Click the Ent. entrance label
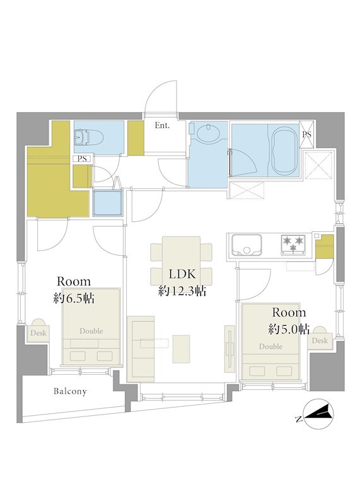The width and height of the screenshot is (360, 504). tap(162, 125)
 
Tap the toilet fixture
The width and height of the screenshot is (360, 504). tap(88, 137)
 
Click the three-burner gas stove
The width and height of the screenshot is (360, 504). tap(293, 245)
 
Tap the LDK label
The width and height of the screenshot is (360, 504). tap(182, 274)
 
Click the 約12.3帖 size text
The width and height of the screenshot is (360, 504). tap(182, 291)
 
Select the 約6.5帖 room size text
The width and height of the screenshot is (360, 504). tap(74, 299)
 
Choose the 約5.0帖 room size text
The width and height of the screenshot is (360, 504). tap(289, 329)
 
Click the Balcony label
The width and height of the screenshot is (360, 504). tap(70, 391)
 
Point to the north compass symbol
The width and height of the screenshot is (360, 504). tap(318, 415)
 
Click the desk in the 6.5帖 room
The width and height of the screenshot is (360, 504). tap(38, 333)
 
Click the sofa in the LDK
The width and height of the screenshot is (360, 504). tap(141, 349)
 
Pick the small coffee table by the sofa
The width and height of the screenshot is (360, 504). tap(181, 349)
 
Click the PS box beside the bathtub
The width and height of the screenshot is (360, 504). tap(306, 135)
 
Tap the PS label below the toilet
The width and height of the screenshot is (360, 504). tap(82, 159)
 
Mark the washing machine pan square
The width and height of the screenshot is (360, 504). tap(108, 202)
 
